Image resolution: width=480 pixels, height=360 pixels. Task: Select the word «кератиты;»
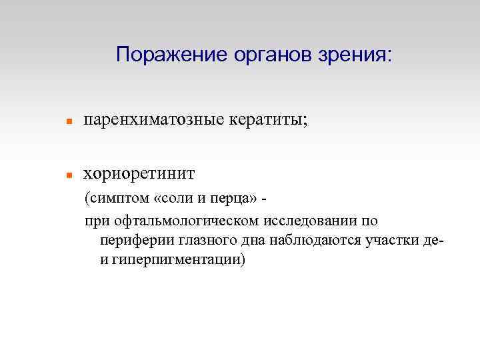coord(269,121)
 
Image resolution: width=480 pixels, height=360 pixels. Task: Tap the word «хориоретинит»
coord(139,174)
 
